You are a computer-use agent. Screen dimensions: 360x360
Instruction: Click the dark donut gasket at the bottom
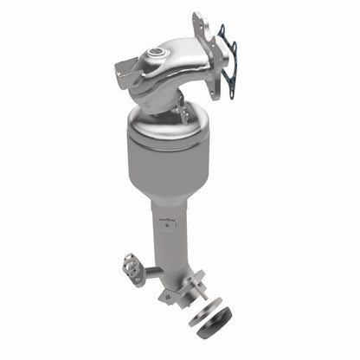(214, 325)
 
